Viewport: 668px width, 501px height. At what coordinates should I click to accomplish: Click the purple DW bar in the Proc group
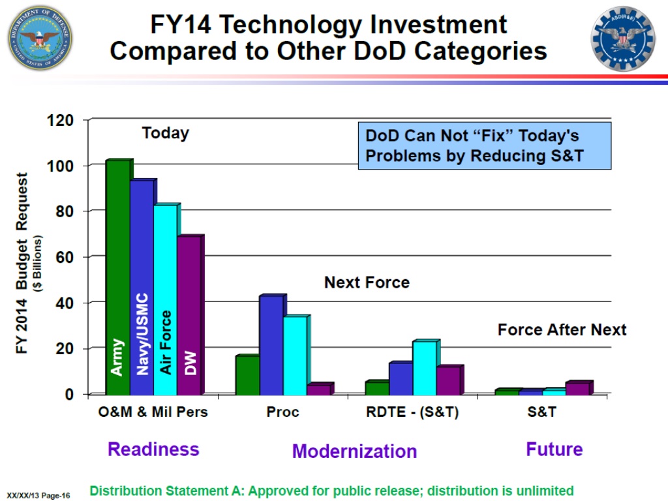click(x=318, y=389)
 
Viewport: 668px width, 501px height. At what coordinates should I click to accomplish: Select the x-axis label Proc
click(x=282, y=412)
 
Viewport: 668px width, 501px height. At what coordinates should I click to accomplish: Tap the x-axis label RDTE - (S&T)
click(x=412, y=412)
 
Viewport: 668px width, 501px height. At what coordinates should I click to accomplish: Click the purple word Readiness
click(x=153, y=449)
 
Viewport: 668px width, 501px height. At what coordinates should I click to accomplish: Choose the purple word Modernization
click(x=354, y=451)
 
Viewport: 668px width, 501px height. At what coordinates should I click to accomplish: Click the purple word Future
click(x=554, y=449)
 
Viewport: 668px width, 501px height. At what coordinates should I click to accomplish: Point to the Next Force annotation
click(x=367, y=282)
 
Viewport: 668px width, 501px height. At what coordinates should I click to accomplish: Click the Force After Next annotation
click(x=562, y=329)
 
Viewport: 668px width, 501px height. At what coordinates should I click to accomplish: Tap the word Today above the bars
click(x=166, y=133)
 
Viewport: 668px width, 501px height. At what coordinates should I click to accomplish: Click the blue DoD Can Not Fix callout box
click(x=484, y=145)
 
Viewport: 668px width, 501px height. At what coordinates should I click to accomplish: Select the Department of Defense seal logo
click(x=40, y=37)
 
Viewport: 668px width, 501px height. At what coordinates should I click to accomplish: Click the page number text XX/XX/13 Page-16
click(x=38, y=495)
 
